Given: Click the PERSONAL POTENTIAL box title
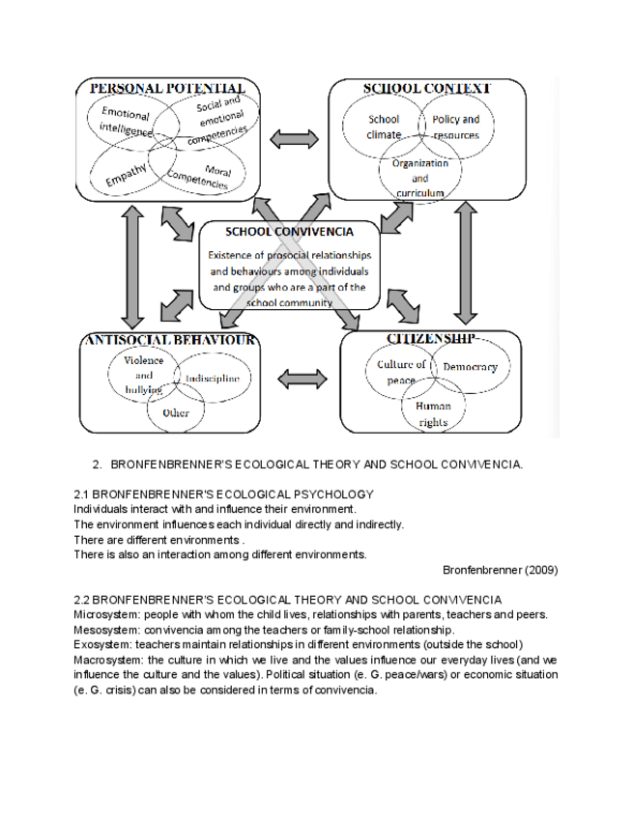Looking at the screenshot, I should pos(158,88).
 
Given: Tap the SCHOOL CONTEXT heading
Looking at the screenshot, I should pos(426,88).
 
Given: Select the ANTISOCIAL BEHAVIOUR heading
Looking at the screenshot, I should pos(170,339).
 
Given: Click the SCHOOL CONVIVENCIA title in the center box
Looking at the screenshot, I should pos(289,232).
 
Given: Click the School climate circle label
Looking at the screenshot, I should pos(384,127).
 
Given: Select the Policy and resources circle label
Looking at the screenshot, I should pos(455,127).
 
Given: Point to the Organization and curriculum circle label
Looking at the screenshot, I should pos(420,178).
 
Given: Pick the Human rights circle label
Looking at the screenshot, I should pos(433,413).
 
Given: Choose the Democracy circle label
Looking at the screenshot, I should pos(471,368).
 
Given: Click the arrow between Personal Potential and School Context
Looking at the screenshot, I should pos(293,138).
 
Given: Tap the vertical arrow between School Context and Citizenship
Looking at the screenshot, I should pos(467,263).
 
